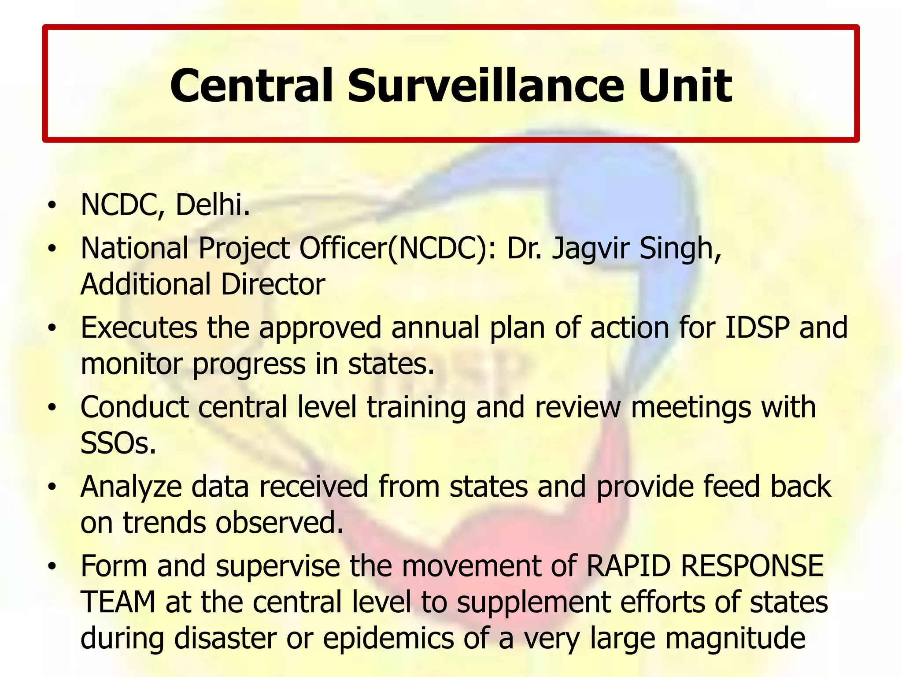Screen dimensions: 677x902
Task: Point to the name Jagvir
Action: [x=591, y=249]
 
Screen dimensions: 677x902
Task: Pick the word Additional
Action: [x=145, y=284]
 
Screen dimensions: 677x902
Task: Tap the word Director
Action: [x=273, y=284]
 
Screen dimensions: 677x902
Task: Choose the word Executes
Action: [x=139, y=328]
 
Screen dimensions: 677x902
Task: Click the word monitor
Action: [x=132, y=364]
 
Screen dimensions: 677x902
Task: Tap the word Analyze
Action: [x=131, y=487]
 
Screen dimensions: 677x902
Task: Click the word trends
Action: [x=164, y=523]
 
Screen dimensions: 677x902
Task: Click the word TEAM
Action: [x=118, y=603]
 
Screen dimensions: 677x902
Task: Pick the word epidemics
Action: [x=388, y=638]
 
